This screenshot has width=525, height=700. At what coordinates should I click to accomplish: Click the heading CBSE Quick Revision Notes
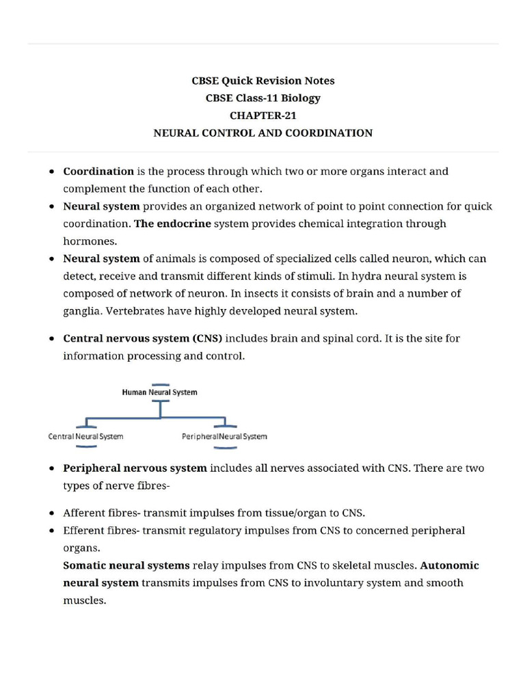pos(262,81)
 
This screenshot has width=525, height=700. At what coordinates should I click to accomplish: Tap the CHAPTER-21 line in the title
pos(262,116)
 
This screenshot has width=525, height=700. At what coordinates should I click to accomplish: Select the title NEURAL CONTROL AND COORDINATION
pos(262,133)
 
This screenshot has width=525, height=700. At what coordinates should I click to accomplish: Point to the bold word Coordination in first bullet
pos(98,172)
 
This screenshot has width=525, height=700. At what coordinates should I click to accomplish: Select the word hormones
pos(89,241)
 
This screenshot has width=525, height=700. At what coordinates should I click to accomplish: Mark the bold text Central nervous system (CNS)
pos(143,338)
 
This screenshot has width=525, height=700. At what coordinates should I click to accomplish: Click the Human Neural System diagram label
pos(159,392)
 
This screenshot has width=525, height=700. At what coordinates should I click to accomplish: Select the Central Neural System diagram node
pos(85,436)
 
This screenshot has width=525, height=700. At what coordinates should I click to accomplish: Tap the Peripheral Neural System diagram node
pos(224,436)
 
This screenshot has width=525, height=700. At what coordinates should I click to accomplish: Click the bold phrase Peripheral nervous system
pos(135,468)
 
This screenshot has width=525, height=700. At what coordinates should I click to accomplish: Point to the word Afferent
pos(83,513)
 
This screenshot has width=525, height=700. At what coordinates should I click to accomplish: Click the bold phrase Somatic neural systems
pos(126,565)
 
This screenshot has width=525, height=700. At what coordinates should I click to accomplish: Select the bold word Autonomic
pos(449,565)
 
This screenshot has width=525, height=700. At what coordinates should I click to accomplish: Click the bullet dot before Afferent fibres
pos(52,513)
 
